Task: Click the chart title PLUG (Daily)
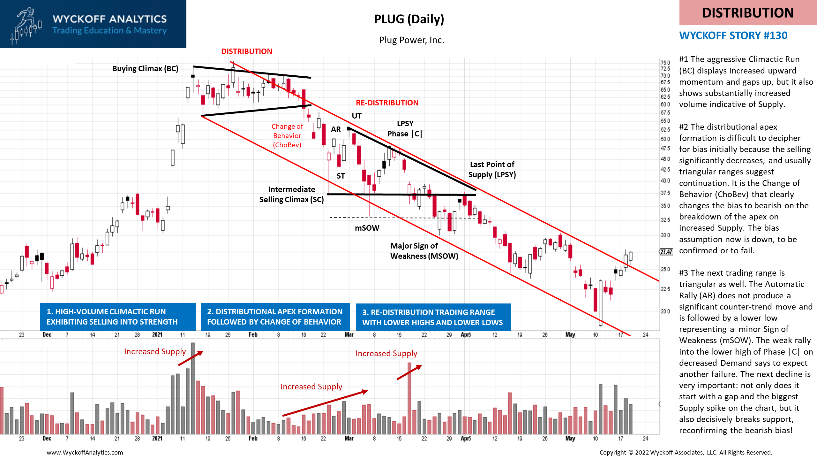tap(409, 19)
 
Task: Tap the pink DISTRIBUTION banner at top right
tap(747, 13)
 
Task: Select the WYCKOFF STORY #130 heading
tap(733, 35)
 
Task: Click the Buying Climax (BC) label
tap(145, 69)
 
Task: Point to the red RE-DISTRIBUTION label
tap(387, 103)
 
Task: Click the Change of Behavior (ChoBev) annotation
tap(287, 136)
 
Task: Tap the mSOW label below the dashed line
tap(367, 228)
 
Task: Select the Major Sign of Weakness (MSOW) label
tap(424, 251)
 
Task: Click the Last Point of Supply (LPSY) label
tap(492, 170)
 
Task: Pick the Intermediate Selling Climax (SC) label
tap(291, 195)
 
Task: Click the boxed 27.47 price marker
tap(666, 252)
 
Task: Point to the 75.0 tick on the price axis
tap(665, 63)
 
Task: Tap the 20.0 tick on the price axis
tap(665, 311)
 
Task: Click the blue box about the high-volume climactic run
tap(118, 317)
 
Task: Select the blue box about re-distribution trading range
tap(433, 318)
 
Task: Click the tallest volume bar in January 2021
tap(193, 388)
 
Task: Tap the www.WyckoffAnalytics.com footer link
tap(85, 452)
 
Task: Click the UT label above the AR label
tap(356, 116)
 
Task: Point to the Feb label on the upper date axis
tap(253, 335)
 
